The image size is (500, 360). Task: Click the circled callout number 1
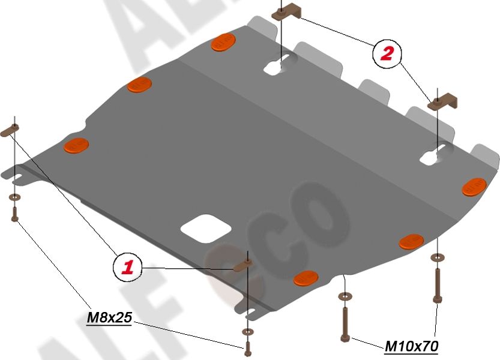coord(127,266)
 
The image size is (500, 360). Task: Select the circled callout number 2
coord(385,54)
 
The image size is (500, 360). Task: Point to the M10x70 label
coord(411,346)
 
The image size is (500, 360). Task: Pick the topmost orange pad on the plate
coord(223,43)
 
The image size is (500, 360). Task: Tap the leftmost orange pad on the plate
coord(76,145)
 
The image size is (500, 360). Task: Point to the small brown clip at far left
coord(13,130)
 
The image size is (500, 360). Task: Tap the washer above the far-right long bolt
coord(437,258)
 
